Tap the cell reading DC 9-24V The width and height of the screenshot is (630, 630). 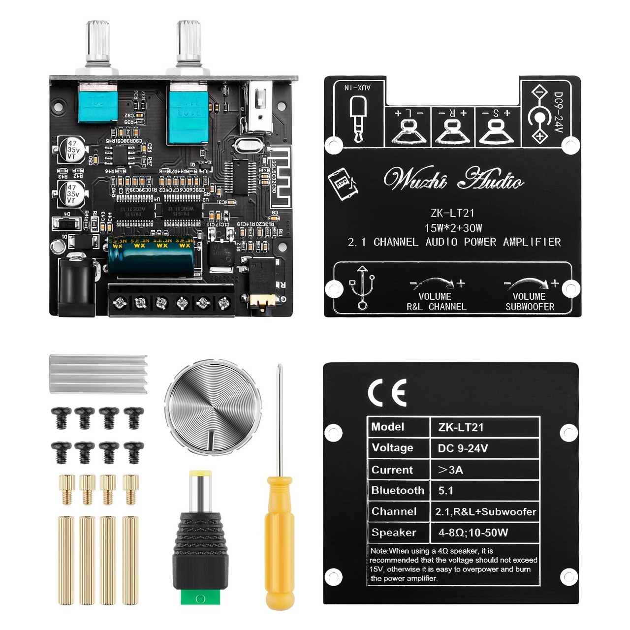[463, 448]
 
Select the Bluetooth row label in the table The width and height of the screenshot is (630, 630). [398, 491]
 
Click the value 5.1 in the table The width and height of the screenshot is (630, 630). [445, 491]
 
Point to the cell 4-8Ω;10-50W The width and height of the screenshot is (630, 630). [473, 533]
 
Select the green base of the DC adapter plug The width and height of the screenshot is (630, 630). [200, 597]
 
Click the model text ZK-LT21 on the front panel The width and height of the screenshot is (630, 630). [452, 213]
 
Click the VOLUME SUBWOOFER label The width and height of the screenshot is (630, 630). [530, 301]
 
